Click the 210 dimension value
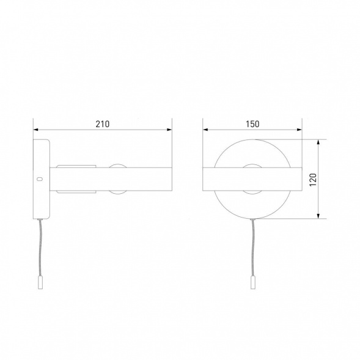(x=103, y=124)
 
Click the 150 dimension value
(x=252, y=124)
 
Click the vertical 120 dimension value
(x=313, y=180)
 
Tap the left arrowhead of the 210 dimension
(x=36, y=130)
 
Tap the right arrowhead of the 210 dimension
(x=169, y=130)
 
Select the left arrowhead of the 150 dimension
(x=205, y=130)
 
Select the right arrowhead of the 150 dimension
(x=299, y=130)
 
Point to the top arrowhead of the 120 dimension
(x=318, y=142)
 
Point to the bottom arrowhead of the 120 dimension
(x=318, y=216)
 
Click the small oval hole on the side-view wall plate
(x=40, y=179)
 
